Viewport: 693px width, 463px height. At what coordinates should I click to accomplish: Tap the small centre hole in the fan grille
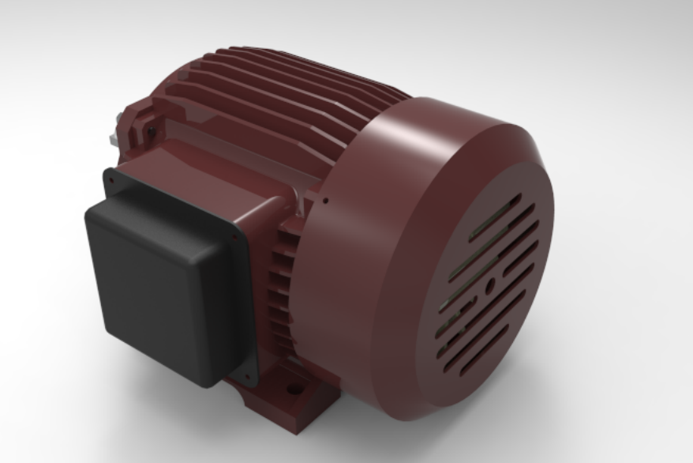(489, 281)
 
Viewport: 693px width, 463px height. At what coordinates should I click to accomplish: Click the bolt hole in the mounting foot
(295, 389)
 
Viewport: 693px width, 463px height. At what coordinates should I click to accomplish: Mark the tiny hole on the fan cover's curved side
(326, 200)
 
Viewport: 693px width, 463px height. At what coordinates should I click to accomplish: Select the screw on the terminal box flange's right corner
(235, 234)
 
